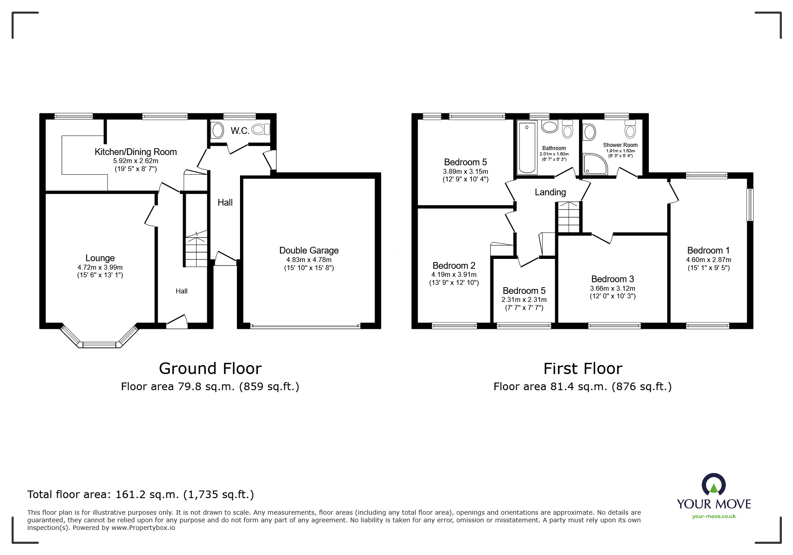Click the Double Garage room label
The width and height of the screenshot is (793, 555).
(309, 250)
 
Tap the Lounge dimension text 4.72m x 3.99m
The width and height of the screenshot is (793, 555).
(99, 267)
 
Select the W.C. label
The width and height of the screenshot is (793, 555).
(240, 131)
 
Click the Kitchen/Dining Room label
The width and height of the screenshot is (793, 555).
(136, 152)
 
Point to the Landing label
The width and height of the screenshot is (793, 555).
(550, 192)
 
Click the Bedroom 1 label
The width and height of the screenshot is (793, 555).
(708, 250)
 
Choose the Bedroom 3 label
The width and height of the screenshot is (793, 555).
(612, 279)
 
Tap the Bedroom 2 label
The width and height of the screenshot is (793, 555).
(454, 266)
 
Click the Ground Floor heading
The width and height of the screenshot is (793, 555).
(210, 368)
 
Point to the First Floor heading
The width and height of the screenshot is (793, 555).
(583, 368)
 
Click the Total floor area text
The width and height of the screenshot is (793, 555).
(141, 495)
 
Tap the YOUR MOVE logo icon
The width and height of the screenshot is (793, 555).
(714, 485)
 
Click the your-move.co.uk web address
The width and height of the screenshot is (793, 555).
(714, 516)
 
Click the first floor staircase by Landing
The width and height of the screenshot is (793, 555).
(568, 217)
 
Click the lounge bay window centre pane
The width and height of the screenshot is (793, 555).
(99, 344)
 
